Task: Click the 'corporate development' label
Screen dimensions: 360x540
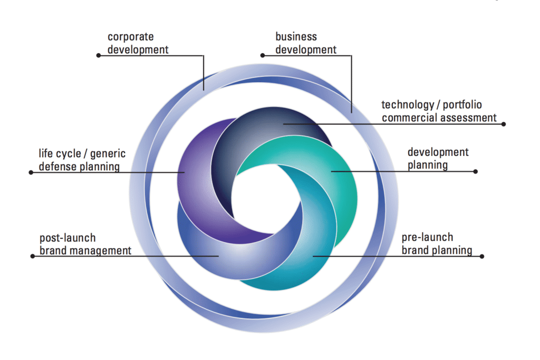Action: tap(138, 43)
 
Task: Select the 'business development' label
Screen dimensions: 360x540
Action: tap(306, 43)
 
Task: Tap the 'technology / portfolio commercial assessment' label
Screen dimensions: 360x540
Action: tap(439, 111)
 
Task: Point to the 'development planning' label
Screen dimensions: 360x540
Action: tap(438, 159)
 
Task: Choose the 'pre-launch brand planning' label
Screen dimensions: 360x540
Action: tap(437, 244)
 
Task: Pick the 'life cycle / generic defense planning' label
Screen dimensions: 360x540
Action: tap(82, 160)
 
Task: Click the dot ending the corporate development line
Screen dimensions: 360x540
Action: tap(98, 55)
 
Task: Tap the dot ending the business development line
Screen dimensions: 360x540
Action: tap(262, 54)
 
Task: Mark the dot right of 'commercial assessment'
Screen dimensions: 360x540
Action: tap(504, 124)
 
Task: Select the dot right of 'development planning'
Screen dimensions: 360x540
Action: tap(476, 171)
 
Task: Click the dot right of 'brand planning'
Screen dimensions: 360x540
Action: tap(482, 256)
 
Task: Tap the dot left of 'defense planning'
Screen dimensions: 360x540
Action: tap(31, 172)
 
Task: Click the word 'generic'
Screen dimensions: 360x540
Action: tap(108, 154)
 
